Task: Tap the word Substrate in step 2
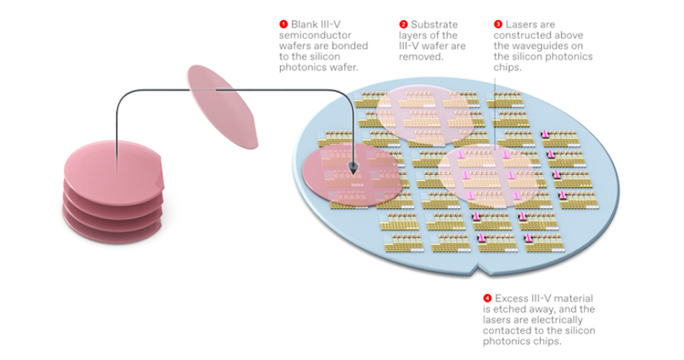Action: click(433, 24)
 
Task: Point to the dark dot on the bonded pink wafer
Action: click(354, 167)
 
